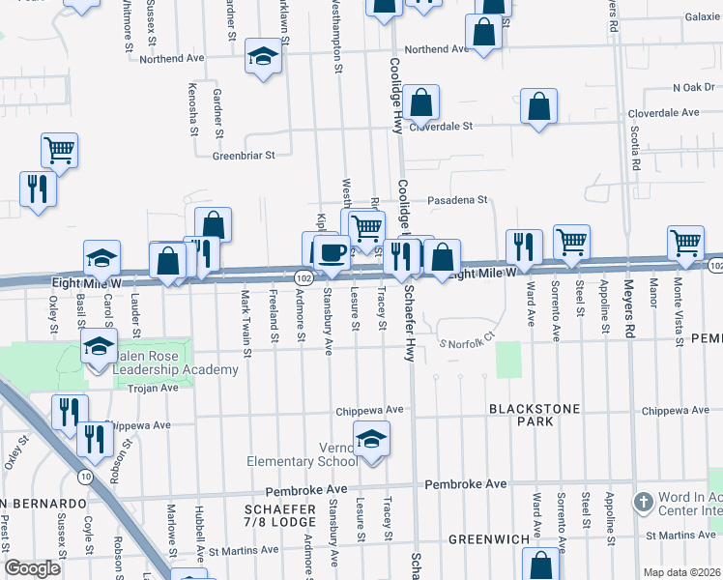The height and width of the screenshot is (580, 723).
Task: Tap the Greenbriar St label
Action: point(244,155)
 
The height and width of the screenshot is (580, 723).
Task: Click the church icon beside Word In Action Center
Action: point(644,502)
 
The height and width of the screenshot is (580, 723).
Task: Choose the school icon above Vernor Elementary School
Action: point(371,440)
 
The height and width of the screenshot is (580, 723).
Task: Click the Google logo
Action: point(32,568)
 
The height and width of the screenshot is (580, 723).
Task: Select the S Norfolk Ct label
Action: point(468,338)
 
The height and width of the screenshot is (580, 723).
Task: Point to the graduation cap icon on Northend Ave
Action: point(262,57)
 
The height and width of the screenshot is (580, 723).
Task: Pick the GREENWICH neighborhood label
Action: point(488,538)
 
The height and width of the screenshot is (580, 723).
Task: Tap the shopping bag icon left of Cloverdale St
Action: point(420,103)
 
